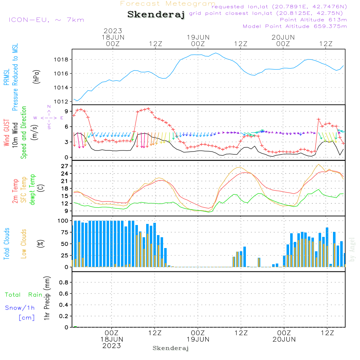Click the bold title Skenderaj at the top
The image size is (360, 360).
(x=156, y=14)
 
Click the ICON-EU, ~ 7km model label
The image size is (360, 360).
(x=46, y=20)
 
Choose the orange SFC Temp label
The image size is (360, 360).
(x=24, y=189)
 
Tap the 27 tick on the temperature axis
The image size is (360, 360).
(x=65, y=166)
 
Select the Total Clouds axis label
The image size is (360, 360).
(x=7, y=244)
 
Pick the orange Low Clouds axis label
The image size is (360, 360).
(x=24, y=244)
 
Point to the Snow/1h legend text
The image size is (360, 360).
(x=20, y=308)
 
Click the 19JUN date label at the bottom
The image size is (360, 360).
(x=198, y=339)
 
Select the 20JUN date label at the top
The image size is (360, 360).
(x=283, y=37)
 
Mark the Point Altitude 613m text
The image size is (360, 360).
(x=313, y=20)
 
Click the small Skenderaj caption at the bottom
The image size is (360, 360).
(x=171, y=348)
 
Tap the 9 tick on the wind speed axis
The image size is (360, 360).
(x=66, y=111)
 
